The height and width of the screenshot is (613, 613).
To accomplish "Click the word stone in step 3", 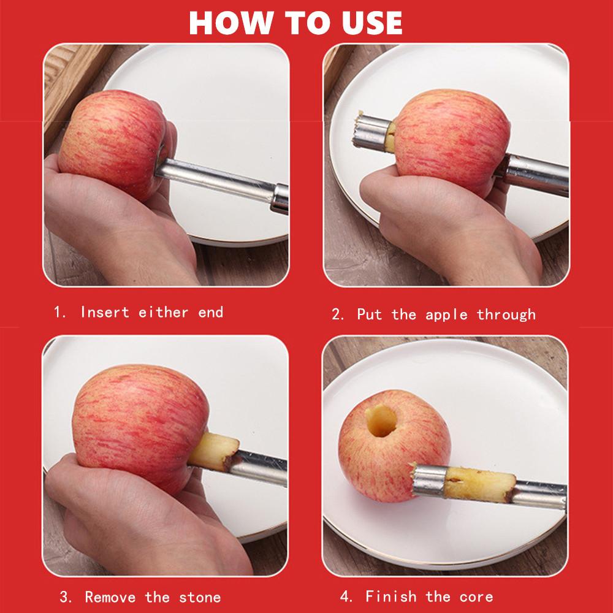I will tap(200, 596).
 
